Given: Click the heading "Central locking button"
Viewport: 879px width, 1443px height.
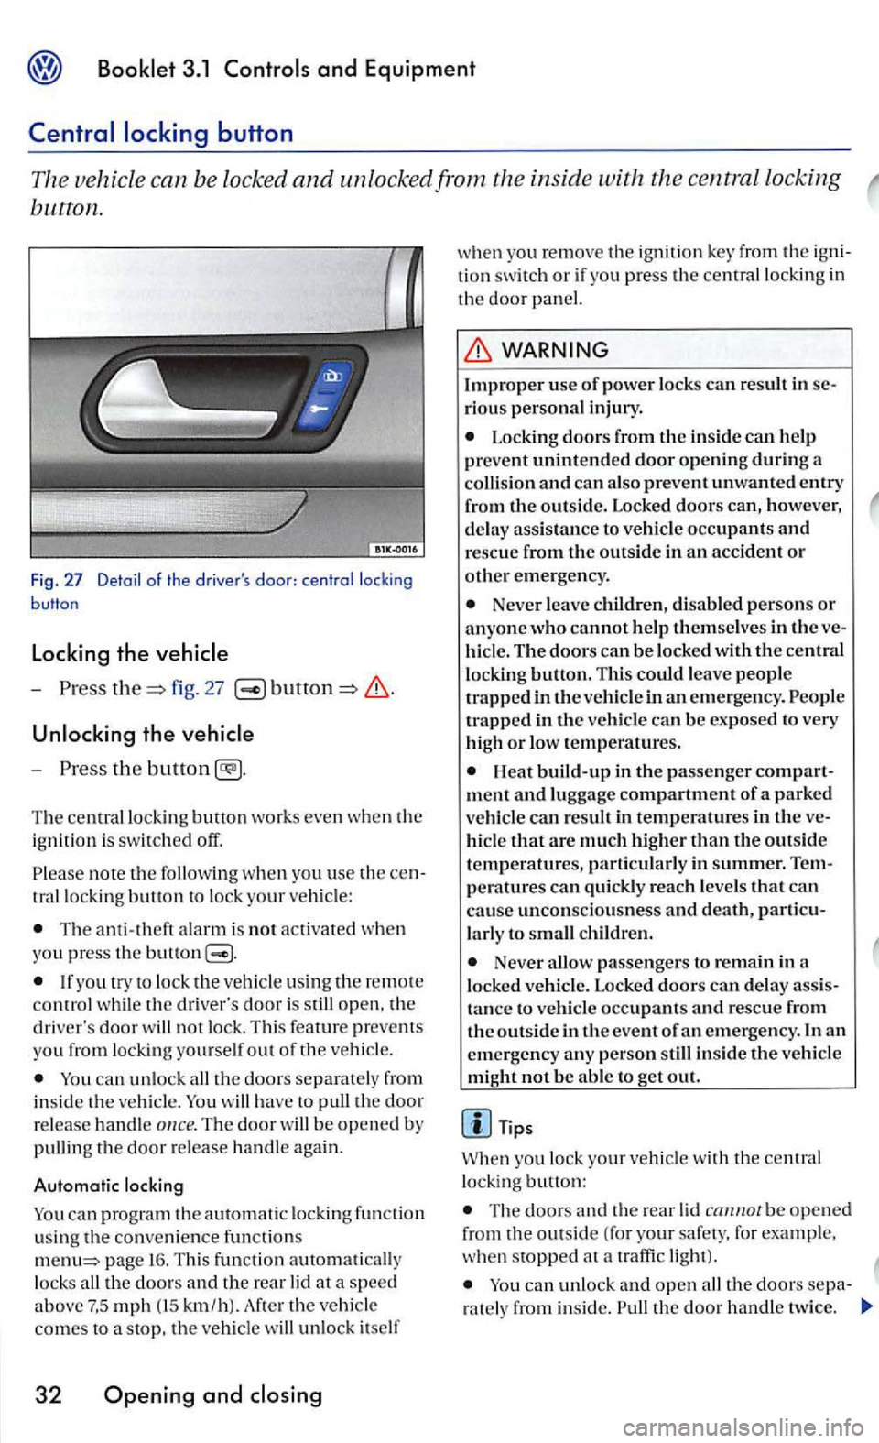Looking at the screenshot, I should pos(161,133).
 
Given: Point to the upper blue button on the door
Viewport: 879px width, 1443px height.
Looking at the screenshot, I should pos(331,375).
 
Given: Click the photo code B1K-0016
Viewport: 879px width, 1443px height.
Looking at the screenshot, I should pos(395,549).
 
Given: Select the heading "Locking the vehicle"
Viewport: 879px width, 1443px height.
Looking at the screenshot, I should pos(129,653).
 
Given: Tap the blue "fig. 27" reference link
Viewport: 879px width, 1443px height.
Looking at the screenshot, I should pos(197,688).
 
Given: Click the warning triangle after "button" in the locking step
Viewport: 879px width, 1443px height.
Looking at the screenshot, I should pos(378,689).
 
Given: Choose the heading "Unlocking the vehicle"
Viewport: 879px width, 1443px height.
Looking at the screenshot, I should pos(142,734).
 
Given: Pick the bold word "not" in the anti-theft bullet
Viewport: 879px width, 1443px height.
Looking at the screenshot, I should pos(262,929).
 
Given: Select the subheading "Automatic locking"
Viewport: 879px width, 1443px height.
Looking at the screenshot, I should pos(108,1186).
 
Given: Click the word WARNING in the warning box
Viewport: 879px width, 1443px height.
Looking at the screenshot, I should pos(555,350).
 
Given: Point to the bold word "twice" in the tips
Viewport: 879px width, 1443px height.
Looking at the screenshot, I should pos(810,1307).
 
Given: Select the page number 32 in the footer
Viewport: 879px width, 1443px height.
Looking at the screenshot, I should pos(48,1395).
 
